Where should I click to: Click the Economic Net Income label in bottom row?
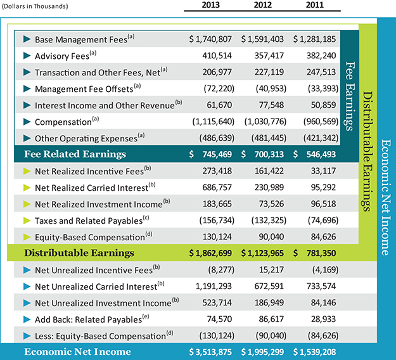[77, 352]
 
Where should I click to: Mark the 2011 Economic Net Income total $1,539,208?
[316, 352]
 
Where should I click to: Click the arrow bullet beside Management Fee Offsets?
[27, 88]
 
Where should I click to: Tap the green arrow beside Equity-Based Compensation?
[27, 236]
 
